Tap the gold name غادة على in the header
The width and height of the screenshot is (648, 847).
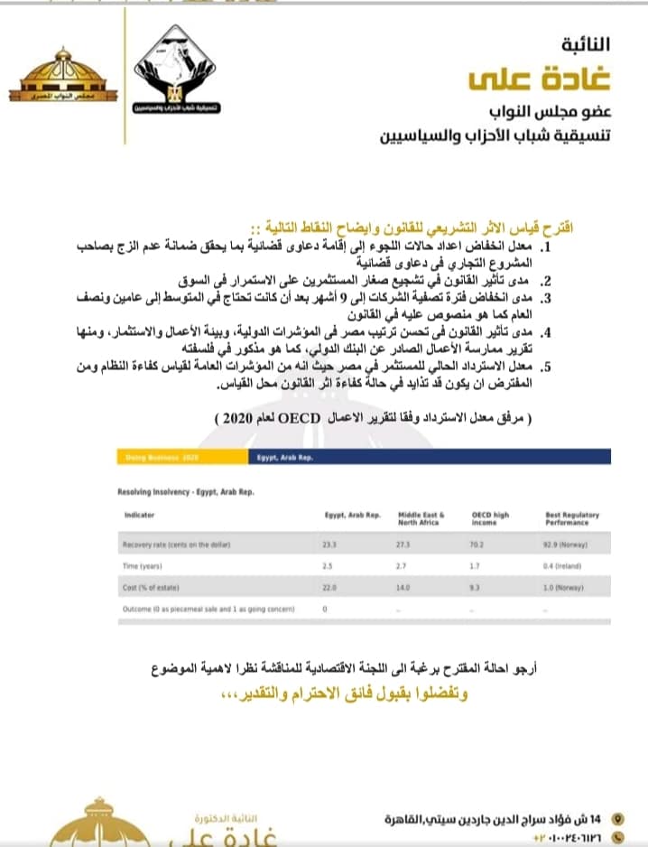click(x=540, y=79)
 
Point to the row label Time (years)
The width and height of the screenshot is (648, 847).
click(x=143, y=565)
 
